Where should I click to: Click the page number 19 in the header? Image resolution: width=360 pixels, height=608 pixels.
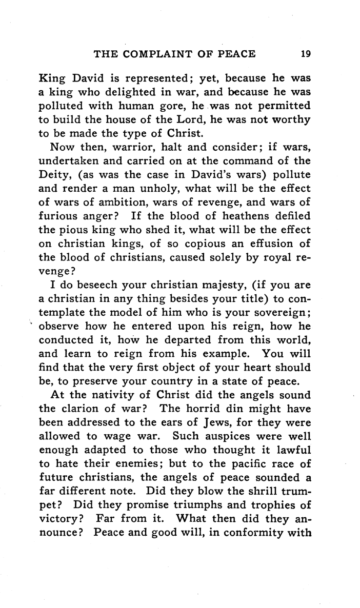point(299,53)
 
